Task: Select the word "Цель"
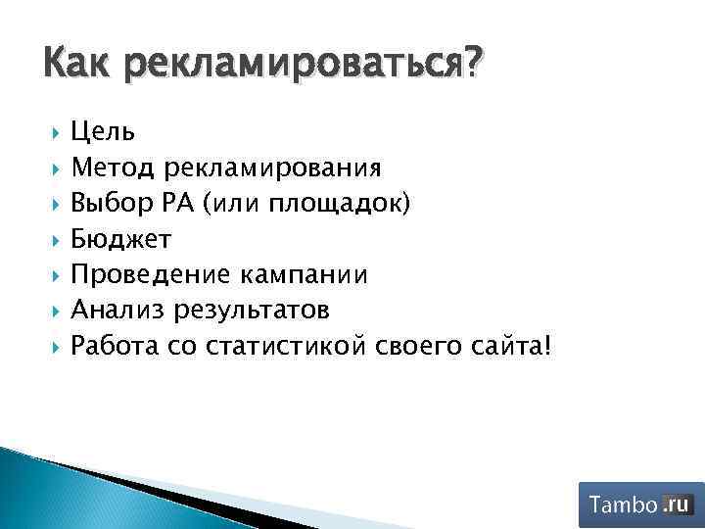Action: coord(103,131)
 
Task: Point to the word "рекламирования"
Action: coord(272,168)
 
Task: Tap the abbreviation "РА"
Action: coord(181,203)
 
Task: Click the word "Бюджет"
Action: coord(121,239)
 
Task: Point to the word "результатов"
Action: coord(250,311)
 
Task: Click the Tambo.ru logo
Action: coord(640,505)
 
